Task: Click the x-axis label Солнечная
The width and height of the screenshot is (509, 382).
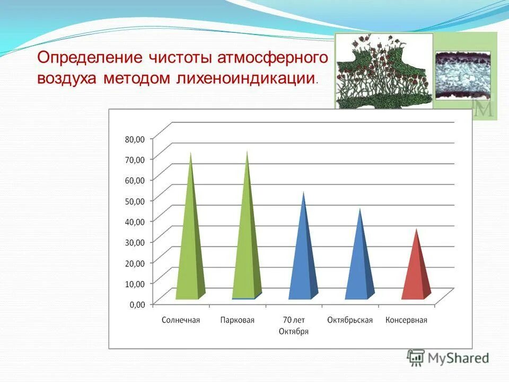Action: click(181, 320)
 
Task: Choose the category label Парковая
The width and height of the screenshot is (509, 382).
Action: click(237, 320)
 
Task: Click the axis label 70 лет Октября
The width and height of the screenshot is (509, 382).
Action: click(293, 325)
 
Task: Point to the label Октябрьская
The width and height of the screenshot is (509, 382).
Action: click(350, 320)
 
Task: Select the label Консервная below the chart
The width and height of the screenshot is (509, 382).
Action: click(406, 320)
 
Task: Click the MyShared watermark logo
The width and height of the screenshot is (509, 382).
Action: click(448, 358)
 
